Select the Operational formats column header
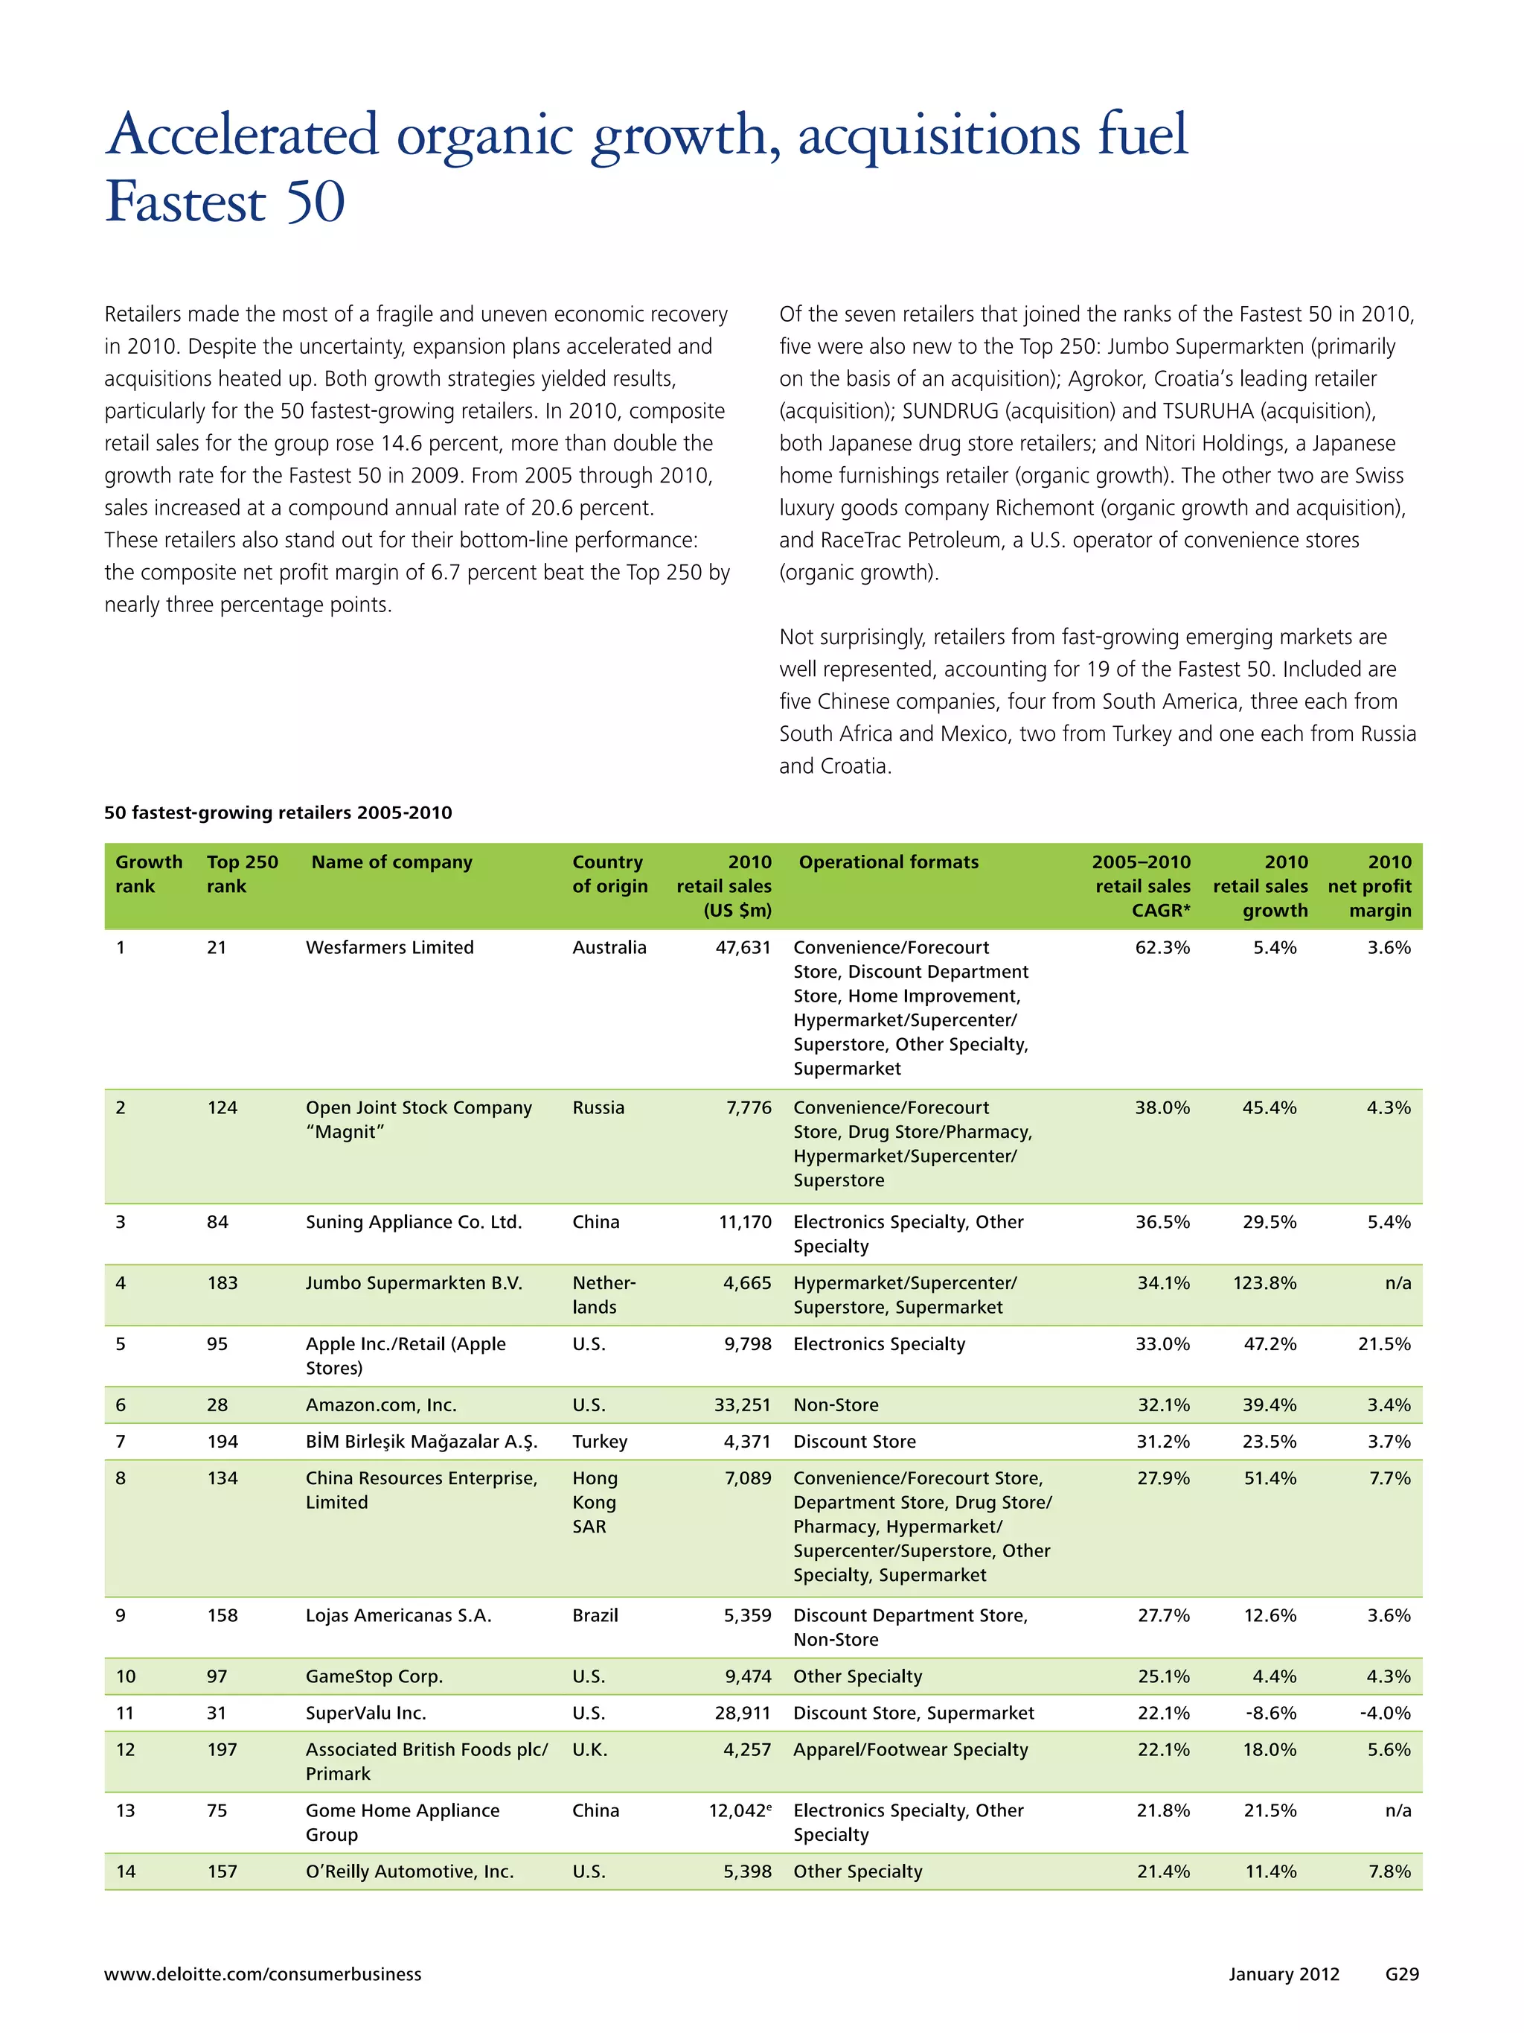click(x=888, y=862)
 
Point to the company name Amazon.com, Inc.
click(x=380, y=1405)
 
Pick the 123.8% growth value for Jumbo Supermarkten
click(x=1264, y=1283)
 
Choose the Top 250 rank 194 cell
click(x=222, y=1442)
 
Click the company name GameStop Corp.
click(x=374, y=1676)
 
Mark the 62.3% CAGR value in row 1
click(x=1162, y=947)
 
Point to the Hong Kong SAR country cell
click(x=595, y=1503)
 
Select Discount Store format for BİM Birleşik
click(x=854, y=1442)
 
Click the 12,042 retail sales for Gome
click(x=740, y=1810)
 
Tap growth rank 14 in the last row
click(x=126, y=1871)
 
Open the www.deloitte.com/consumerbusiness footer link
click(x=263, y=1974)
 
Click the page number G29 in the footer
click(x=1402, y=1974)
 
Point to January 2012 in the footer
click(x=1284, y=1974)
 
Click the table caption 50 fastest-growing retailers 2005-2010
click(x=278, y=812)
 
